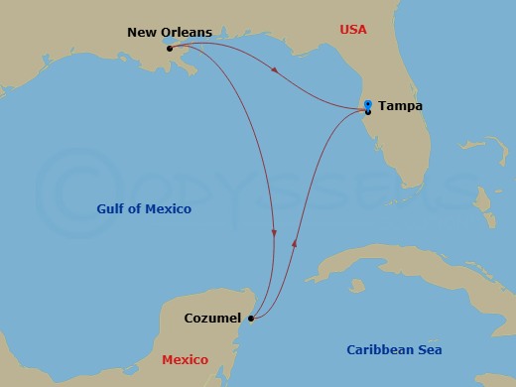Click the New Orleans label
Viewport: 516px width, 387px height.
(x=170, y=32)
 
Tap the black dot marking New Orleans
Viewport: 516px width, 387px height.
(x=171, y=48)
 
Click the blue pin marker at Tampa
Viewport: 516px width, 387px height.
(x=367, y=104)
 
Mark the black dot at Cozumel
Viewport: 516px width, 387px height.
(x=251, y=319)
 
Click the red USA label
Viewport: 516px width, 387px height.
(x=352, y=30)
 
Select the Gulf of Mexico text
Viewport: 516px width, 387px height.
(x=144, y=209)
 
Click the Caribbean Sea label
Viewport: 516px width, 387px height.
(x=394, y=349)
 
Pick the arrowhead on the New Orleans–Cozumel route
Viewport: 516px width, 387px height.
(x=274, y=233)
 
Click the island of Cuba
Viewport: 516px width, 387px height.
(x=377, y=261)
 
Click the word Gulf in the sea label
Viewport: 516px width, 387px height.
(x=111, y=209)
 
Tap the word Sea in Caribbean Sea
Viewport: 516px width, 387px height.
(x=429, y=349)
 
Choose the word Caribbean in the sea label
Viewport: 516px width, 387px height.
(x=380, y=349)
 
